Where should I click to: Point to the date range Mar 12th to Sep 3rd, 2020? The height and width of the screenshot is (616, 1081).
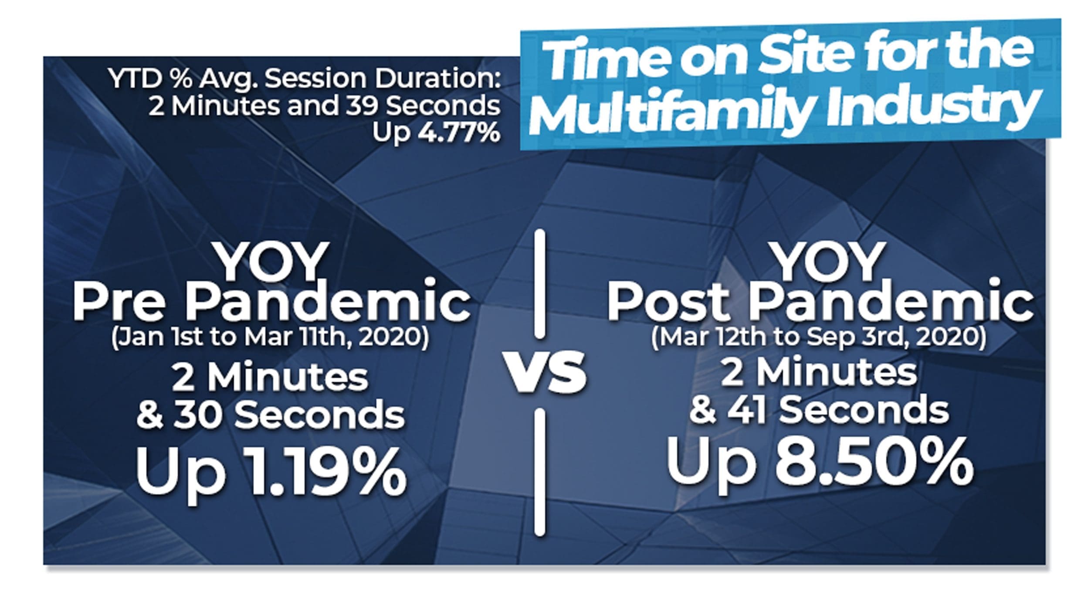click(819, 338)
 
